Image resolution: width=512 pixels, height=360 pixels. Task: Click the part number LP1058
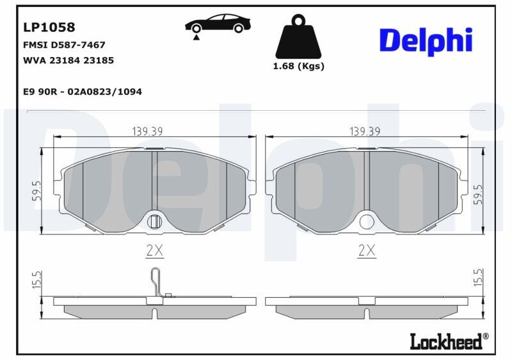49,27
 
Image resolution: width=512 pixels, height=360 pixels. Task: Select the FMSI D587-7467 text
65,45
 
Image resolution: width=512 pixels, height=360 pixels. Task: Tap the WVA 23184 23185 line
68,60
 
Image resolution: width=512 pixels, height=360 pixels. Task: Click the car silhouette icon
218,24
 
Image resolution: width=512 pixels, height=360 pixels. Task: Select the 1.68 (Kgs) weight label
298,67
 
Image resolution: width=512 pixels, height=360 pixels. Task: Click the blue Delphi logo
426,41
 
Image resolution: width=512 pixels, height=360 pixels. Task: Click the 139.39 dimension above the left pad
147,131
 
